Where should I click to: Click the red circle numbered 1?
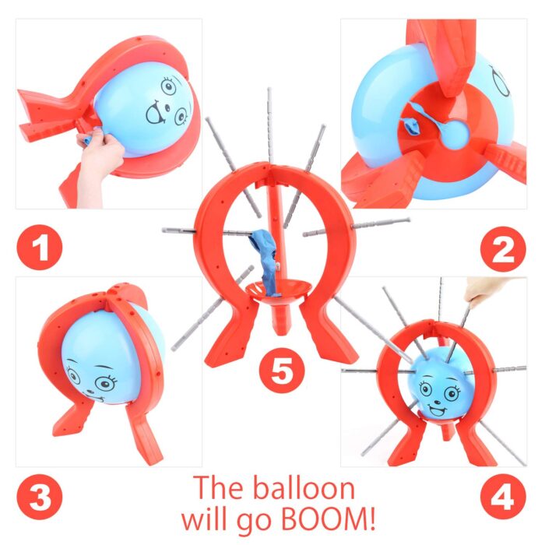point(39,247)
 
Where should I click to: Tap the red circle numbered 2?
point(503,249)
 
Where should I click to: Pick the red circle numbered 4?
point(503,498)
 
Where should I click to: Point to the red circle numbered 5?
point(282,371)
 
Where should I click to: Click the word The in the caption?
point(218,487)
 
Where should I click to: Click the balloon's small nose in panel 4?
point(438,399)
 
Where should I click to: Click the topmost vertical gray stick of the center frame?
point(269,126)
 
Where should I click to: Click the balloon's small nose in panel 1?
point(167,107)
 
